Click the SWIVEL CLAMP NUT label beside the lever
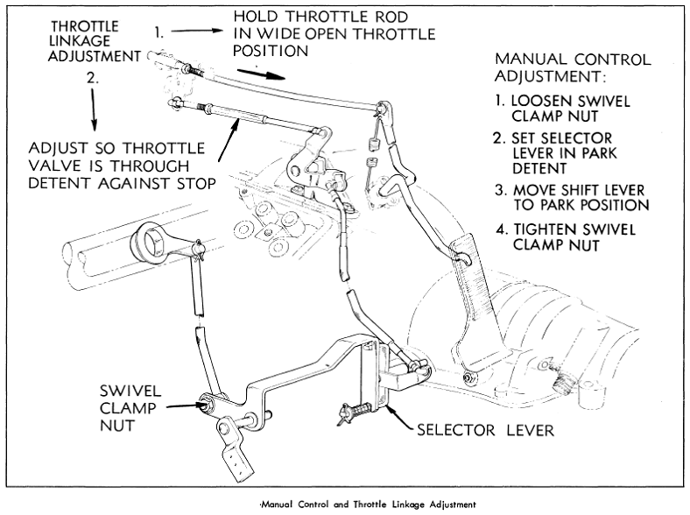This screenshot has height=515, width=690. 130,407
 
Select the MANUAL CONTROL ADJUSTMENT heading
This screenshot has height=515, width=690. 573,68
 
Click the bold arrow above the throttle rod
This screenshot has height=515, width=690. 262,74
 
